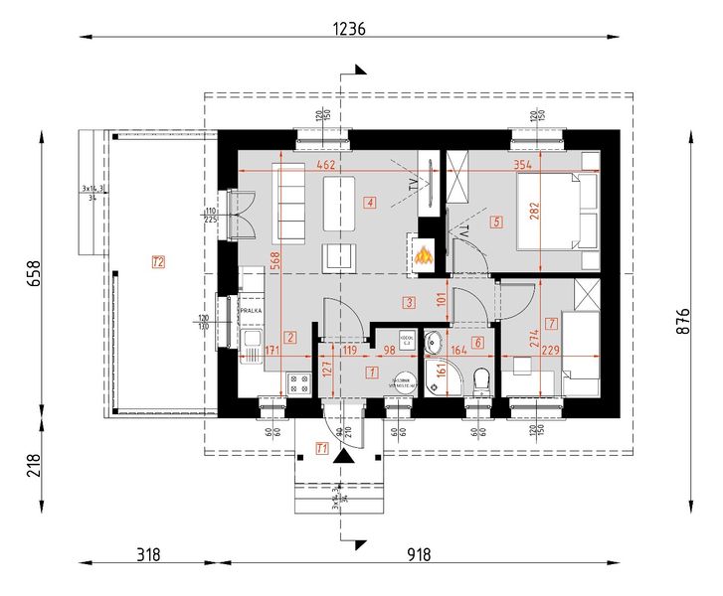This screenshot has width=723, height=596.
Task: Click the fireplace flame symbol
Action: (x=424, y=256)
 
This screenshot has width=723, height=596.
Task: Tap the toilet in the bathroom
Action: (x=481, y=378)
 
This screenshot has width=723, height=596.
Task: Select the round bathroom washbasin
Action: (x=435, y=345)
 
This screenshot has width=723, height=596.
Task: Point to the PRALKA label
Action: (x=252, y=311)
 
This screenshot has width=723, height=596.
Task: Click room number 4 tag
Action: (x=369, y=205)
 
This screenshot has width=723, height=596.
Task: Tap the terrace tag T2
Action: (x=157, y=262)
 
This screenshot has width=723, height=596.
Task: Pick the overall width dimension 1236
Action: (x=349, y=30)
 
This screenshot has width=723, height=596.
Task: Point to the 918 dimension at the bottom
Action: (x=418, y=554)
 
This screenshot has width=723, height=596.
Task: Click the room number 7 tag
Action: (x=551, y=324)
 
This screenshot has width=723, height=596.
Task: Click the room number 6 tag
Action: (x=477, y=344)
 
